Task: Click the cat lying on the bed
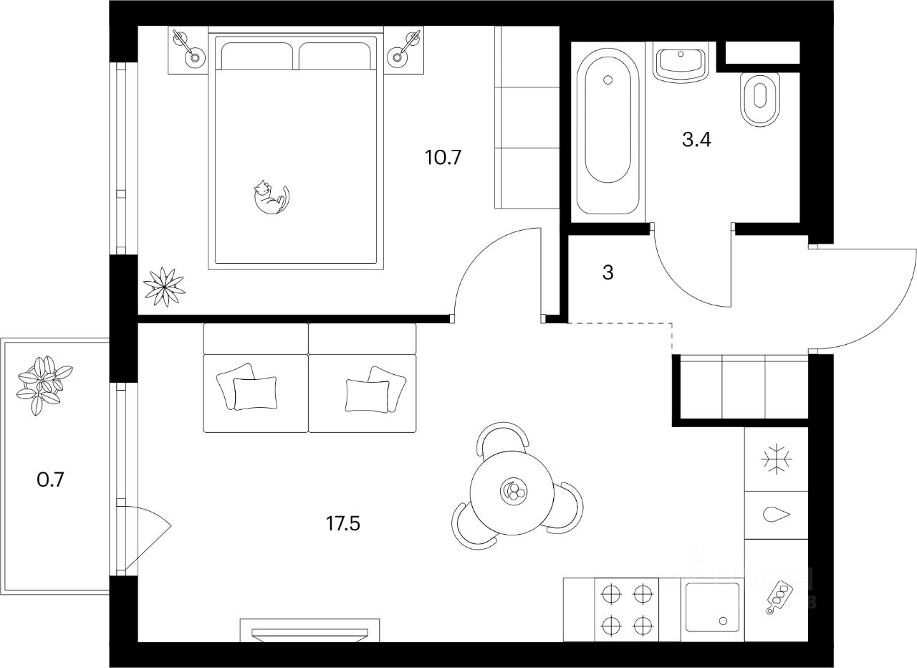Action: click(x=270, y=197)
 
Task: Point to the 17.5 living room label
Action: click(x=342, y=524)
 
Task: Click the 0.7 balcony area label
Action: click(x=51, y=479)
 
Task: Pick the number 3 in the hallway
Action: click(x=608, y=273)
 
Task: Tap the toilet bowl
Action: click(x=758, y=99)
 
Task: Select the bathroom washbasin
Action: click(x=681, y=62)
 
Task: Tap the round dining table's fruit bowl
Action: click(x=513, y=491)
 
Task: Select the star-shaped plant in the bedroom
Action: click(x=164, y=286)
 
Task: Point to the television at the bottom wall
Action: click(x=309, y=631)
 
